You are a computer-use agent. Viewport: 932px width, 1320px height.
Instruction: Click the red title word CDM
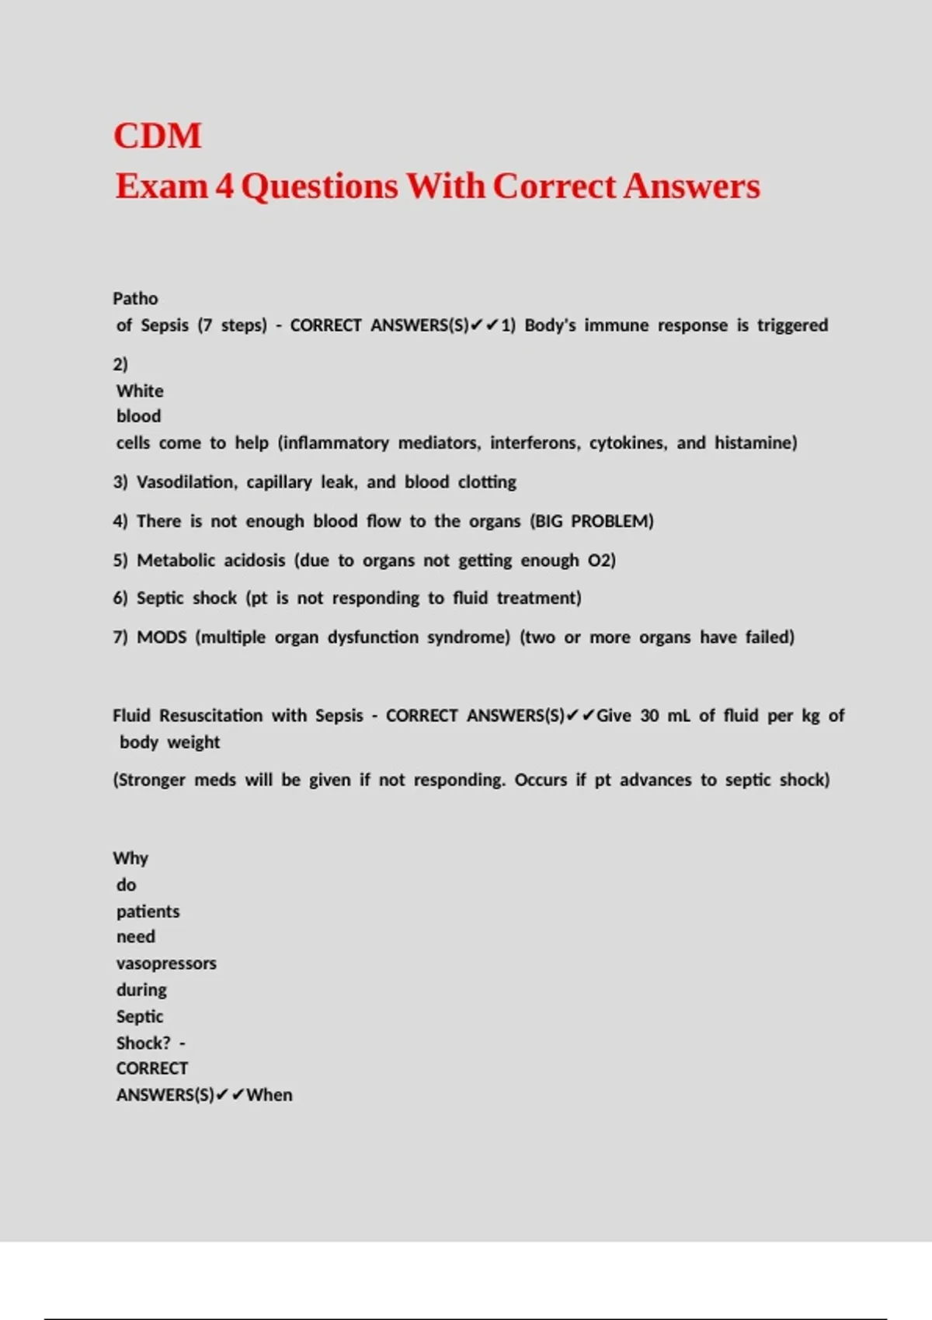pos(158,136)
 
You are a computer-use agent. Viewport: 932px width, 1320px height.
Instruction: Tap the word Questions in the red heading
pos(319,186)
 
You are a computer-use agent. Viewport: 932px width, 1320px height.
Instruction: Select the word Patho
pos(135,299)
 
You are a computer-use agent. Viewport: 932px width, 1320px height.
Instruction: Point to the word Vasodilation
pos(186,482)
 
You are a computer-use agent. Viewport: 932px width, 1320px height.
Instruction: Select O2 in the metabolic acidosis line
pos(600,561)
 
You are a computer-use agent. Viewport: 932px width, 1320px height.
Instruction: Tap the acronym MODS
pos(162,637)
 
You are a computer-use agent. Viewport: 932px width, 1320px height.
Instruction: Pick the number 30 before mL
pos(650,716)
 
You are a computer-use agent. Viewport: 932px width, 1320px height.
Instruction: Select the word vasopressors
pos(166,964)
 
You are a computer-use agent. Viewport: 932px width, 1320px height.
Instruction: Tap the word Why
pos(130,859)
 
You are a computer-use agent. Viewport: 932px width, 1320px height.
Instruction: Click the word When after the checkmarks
pos(270,1096)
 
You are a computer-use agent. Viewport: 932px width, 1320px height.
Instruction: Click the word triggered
pos(792,325)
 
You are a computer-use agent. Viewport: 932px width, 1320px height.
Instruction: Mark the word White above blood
pos(140,391)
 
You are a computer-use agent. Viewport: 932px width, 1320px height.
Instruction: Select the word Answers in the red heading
pos(691,186)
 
